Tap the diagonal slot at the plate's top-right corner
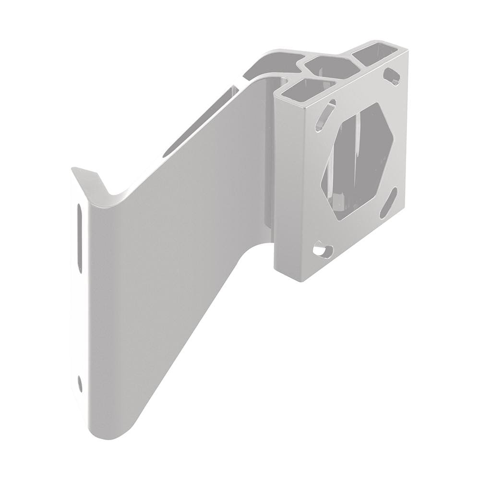(393, 75)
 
